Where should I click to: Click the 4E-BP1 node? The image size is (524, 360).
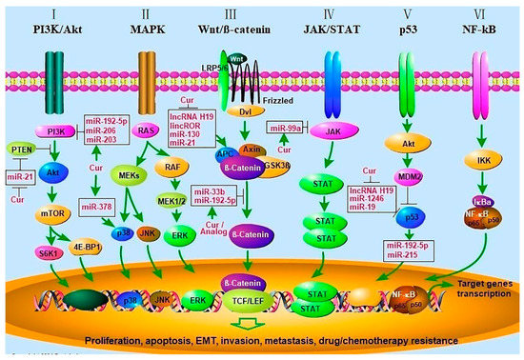click(x=81, y=254)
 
